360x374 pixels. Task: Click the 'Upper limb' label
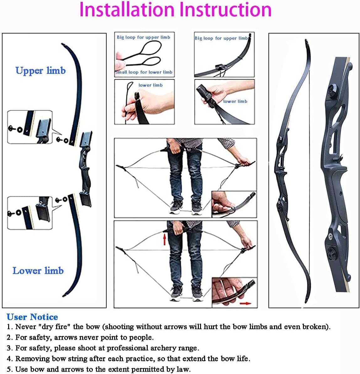coord(40,70)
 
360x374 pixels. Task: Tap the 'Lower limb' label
coord(38,271)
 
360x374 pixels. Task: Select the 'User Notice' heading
coord(32,317)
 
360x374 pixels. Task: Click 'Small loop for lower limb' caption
coord(144,72)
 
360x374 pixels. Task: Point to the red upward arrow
coord(164,240)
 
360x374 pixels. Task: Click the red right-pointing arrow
coord(245,304)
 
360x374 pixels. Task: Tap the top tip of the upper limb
coord(63,44)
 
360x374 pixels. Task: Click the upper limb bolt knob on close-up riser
coord(332,90)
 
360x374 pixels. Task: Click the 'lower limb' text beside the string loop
coord(151,85)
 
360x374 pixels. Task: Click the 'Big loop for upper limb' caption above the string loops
coord(144,37)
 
